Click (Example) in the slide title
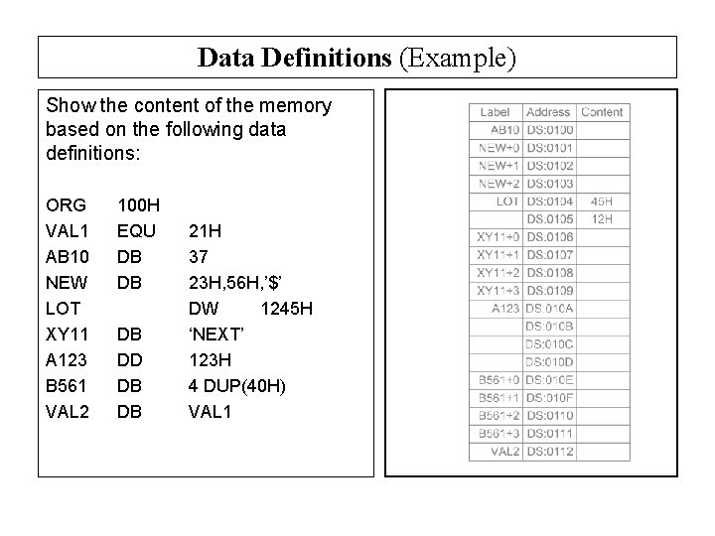tap(458, 58)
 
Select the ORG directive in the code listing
tap(66, 206)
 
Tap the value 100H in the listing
tap(138, 206)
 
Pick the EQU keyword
tap(135, 231)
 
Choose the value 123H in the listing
tap(211, 359)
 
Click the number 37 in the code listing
tap(199, 257)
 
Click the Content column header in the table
tap(602, 112)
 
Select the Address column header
tap(548, 112)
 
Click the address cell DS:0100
tap(549, 130)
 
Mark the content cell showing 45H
tap(602, 201)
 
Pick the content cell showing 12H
tap(602, 218)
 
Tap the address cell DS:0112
tap(549, 452)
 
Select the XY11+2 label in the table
tap(499, 272)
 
